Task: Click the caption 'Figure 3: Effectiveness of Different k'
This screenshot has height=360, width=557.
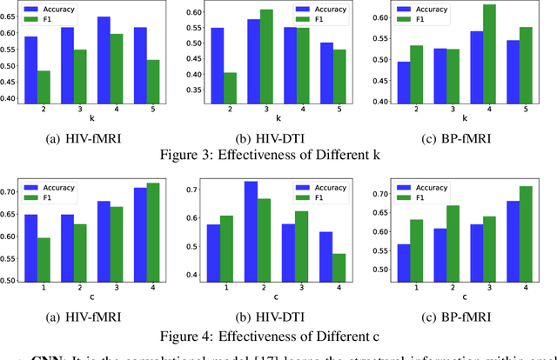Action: click(278, 157)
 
